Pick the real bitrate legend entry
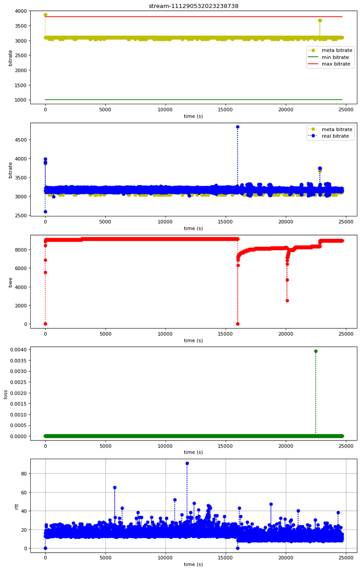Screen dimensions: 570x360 click(338, 136)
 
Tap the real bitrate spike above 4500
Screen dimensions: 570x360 click(238, 127)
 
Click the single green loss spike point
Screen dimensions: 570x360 click(316, 351)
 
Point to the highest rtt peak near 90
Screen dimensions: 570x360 click(187, 464)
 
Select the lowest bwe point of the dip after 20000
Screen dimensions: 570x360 click(287, 301)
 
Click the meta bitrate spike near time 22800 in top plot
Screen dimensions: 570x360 click(320, 20)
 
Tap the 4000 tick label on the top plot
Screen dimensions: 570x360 click(20, 11)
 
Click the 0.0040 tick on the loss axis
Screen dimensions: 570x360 click(17, 350)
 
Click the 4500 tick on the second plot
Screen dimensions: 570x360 click(20, 140)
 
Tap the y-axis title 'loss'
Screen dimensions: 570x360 click(6, 394)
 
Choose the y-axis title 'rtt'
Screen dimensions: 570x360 click(6, 506)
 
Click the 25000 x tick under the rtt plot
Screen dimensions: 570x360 click(346, 557)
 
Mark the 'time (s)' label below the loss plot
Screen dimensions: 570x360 click(193, 452)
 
